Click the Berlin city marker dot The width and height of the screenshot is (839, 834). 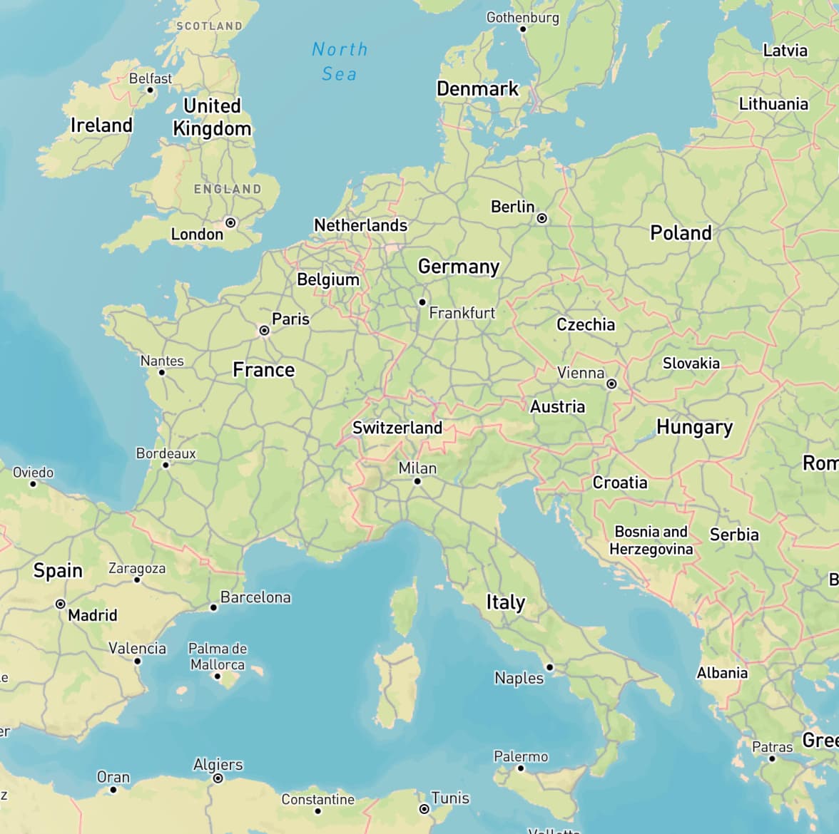[542, 218]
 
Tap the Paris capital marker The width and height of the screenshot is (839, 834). [264, 331]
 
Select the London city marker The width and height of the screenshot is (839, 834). [230, 223]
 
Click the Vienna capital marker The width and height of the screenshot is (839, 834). [611, 384]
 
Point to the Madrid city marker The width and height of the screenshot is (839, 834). [61, 604]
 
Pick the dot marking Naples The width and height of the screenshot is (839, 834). [549, 667]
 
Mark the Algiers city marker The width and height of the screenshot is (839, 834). [218, 778]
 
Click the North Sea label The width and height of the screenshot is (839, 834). [340, 61]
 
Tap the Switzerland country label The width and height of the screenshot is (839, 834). [397, 428]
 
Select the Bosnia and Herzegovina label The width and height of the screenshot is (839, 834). [651, 540]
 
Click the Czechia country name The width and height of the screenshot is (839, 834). [586, 324]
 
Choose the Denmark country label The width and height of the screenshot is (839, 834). [477, 89]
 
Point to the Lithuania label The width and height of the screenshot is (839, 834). [773, 104]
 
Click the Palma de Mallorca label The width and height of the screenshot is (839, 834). [218, 657]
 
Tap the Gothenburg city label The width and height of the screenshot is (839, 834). [522, 17]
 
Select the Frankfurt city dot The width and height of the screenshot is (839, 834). [422, 302]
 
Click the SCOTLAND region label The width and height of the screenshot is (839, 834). [209, 26]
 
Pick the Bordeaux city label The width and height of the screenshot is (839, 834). [166, 453]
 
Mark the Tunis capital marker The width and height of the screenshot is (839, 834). [424, 809]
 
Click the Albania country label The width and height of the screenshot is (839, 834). [722, 673]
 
